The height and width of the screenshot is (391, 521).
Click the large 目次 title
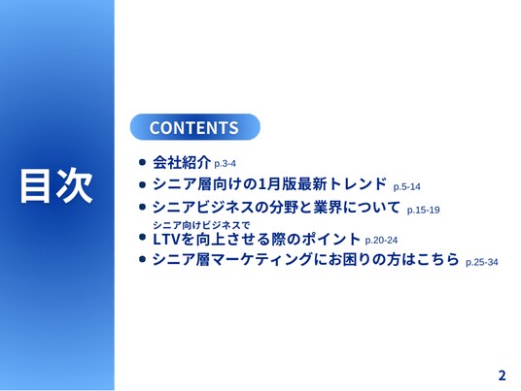[x=56, y=185]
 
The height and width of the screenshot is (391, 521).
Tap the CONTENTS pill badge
[x=194, y=127]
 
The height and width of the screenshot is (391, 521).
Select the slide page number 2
[x=502, y=375]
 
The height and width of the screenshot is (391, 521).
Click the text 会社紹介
[x=182, y=162]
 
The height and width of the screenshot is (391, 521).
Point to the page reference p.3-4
[x=225, y=164]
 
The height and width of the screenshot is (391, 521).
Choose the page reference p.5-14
[x=406, y=187]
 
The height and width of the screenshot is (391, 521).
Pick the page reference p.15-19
[x=424, y=210]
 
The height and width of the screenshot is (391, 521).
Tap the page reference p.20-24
[x=381, y=240]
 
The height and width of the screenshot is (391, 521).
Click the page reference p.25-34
[x=482, y=262]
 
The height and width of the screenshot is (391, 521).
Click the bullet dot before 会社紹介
[x=143, y=162]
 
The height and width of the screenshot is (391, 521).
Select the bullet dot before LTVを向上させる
[x=143, y=237]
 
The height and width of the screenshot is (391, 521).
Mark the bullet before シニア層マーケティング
[x=143, y=259]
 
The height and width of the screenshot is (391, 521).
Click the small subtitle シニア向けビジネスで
[x=201, y=225]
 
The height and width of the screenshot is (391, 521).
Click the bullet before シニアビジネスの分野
[x=143, y=207]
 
